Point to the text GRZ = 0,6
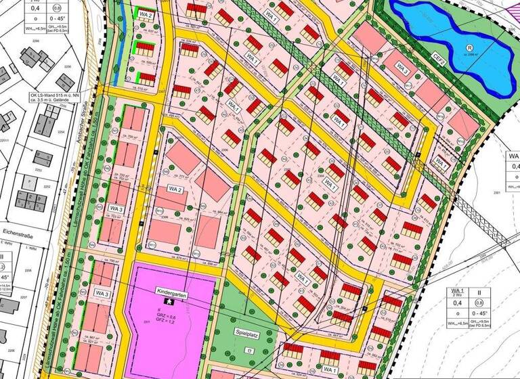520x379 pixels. [x=175, y=316]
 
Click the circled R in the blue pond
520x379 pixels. [x=469, y=47]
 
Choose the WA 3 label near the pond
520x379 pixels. [x=402, y=69]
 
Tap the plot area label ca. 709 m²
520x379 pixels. [x=124, y=135]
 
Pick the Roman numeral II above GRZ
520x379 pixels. [x=175, y=309]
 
